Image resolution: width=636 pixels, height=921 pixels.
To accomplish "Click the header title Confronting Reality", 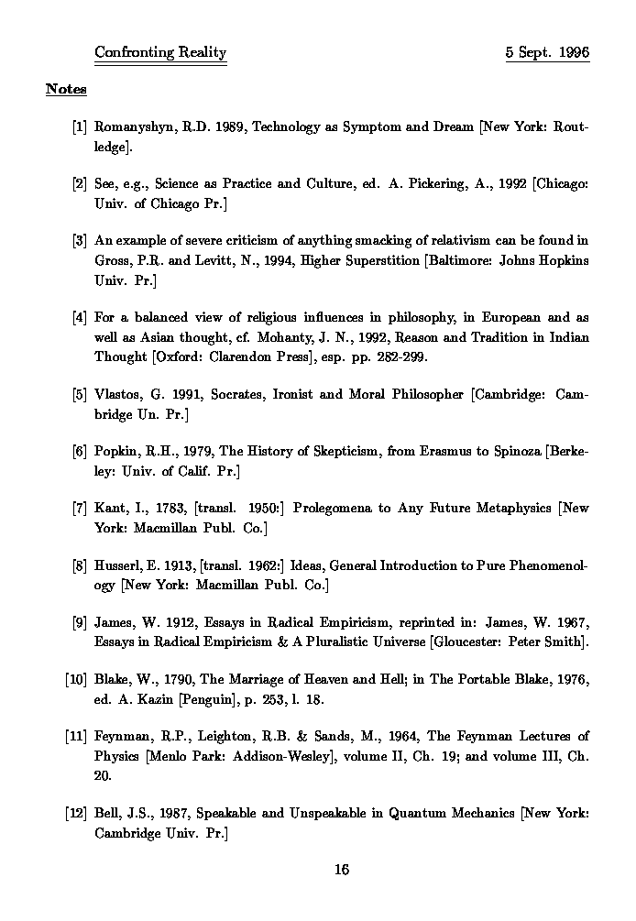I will tap(160, 52).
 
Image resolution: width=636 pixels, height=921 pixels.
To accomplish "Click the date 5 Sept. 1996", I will tap(547, 52).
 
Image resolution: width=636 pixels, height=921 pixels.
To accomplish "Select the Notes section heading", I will tap(66, 89).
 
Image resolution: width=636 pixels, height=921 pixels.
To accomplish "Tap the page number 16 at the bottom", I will tap(342, 870).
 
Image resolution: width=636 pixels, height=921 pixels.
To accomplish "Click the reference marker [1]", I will tap(79, 127).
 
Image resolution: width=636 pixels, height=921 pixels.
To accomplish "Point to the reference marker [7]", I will tap(79, 508).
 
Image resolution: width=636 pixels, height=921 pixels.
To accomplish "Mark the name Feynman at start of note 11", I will tap(123, 736).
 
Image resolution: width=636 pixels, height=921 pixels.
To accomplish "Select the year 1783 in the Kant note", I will tap(170, 508).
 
